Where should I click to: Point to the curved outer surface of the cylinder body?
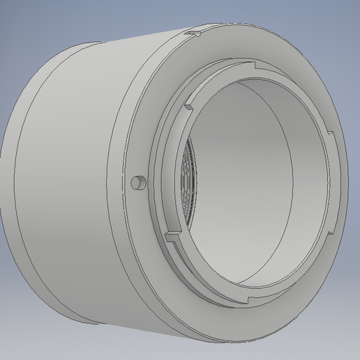click(77, 174)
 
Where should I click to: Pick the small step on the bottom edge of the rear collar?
click(91, 326)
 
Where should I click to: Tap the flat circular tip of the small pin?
click(135, 183)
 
